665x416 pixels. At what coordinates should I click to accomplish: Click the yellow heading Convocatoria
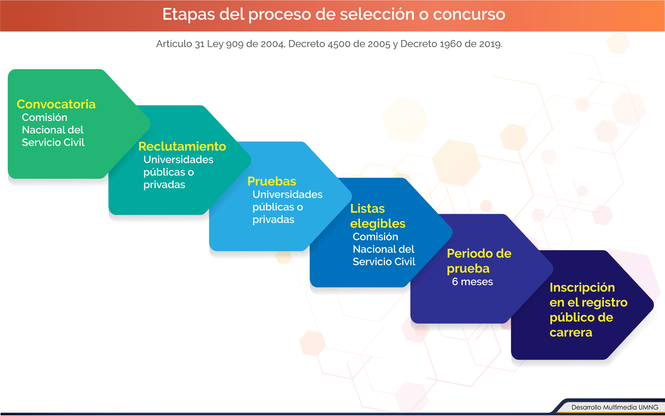tap(56, 104)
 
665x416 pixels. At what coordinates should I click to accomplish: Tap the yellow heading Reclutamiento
tap(182, 146)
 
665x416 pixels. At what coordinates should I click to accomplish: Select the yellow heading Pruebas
tap(272, 181)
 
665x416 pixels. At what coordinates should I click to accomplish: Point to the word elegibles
tap(378, 224)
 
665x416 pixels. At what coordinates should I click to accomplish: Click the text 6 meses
tap(472, 282)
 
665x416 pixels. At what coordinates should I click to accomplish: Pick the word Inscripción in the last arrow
tap(582, 288)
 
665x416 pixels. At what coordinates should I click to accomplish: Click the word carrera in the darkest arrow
tap(571, 333)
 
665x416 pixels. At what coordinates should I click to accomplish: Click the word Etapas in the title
tap(189, 15)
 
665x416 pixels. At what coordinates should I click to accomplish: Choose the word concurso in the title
tap(469, 14)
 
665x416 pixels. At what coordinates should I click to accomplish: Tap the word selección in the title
tap(377, 14)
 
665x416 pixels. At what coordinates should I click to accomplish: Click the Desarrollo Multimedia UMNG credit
tap(615, 407)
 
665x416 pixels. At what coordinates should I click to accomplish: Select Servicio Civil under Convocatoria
tap(53, 142)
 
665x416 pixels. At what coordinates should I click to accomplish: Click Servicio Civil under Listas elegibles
tap(384, 262)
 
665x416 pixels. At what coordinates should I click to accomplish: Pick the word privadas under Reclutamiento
tap(164, 185)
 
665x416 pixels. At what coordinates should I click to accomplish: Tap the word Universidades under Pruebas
tap(287, 194)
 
